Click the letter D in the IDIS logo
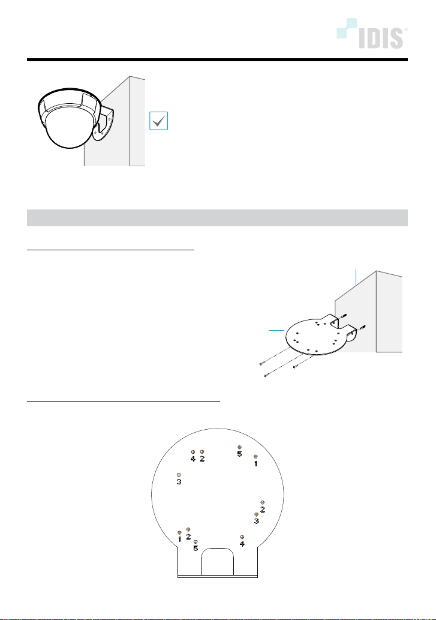click(373, 38)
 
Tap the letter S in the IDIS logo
click(396, 38)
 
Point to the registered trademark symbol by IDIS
click(406, 29)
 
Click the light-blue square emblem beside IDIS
click(347, 28)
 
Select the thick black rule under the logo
click(217, 59)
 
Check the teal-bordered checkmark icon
click(159, 121)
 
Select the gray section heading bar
click(217, 218)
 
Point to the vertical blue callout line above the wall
click(356, 277)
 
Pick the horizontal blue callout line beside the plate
click(276, 330)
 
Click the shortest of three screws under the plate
click(303, 362)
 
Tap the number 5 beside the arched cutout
click(196, 549)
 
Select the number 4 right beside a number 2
click(193, 459)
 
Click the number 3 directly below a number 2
click(256, 521)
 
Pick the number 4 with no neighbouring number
click(242, 544)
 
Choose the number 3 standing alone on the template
click(179, 481)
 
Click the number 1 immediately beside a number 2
click(180, 539)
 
